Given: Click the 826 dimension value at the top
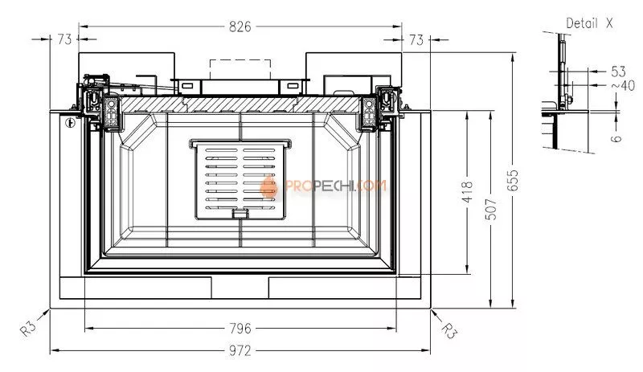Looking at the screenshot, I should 240,27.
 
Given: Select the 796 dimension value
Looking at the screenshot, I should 240,328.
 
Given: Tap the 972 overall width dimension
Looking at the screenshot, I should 240,350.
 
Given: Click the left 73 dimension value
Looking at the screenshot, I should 64,39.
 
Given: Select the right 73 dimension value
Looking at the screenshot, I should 416,39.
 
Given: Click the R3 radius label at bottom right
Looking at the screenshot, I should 450,329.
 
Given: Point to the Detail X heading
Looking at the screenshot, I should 589,23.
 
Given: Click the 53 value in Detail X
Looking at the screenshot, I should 618,72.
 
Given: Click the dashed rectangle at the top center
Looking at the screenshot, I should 239,68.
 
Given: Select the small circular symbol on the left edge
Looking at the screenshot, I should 70,123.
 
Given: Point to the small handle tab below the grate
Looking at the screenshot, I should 239,213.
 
